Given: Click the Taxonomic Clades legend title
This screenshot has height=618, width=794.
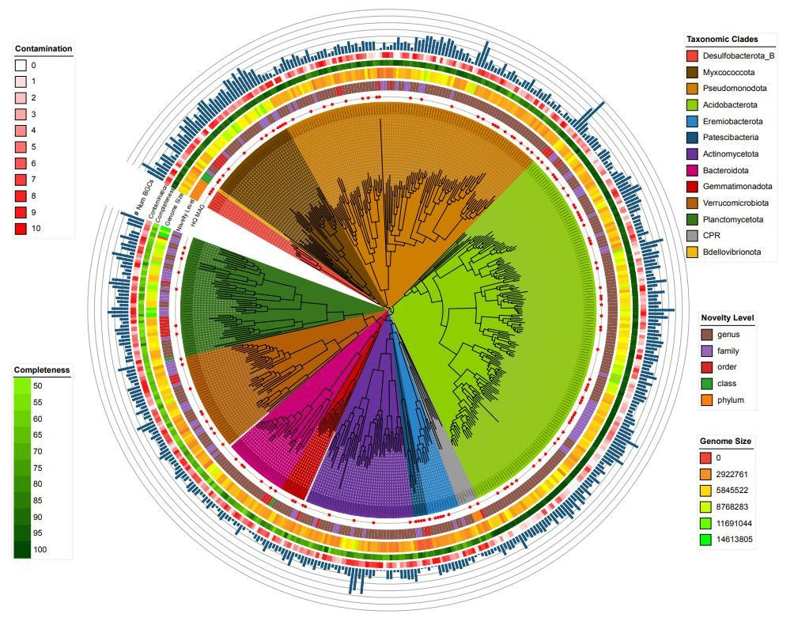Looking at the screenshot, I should click(x=722, y=40).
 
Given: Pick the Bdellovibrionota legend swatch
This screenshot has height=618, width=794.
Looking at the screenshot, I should click(x=692, y=252).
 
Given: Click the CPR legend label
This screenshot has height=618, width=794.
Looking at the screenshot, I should click(x=713, y=236).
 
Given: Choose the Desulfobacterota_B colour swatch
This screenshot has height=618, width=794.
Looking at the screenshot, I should click(x=692, y=56).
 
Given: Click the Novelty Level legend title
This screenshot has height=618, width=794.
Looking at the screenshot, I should click(x=727, y=318).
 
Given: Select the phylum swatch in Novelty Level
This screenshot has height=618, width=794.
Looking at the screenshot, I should click(x=706, y=400).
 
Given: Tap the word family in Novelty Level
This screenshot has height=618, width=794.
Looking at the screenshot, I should click(x=728, y=351).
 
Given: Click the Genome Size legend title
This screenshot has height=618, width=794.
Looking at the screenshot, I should click(x=725, y=441).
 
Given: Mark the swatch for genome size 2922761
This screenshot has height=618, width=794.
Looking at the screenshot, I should click(x=706, y=474).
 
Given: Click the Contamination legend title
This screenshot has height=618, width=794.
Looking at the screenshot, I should click(x=43, y=49).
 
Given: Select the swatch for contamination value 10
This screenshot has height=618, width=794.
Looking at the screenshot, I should click(x=21, y=229).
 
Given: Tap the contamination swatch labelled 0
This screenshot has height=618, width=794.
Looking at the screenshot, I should click(x=21, y=66).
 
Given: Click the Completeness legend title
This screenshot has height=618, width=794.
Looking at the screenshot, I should click(x=42, y=370).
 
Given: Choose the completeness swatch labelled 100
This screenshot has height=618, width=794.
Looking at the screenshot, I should click(x=21, y=549).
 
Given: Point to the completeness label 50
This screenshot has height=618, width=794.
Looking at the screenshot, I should click(x=37, y=385).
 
